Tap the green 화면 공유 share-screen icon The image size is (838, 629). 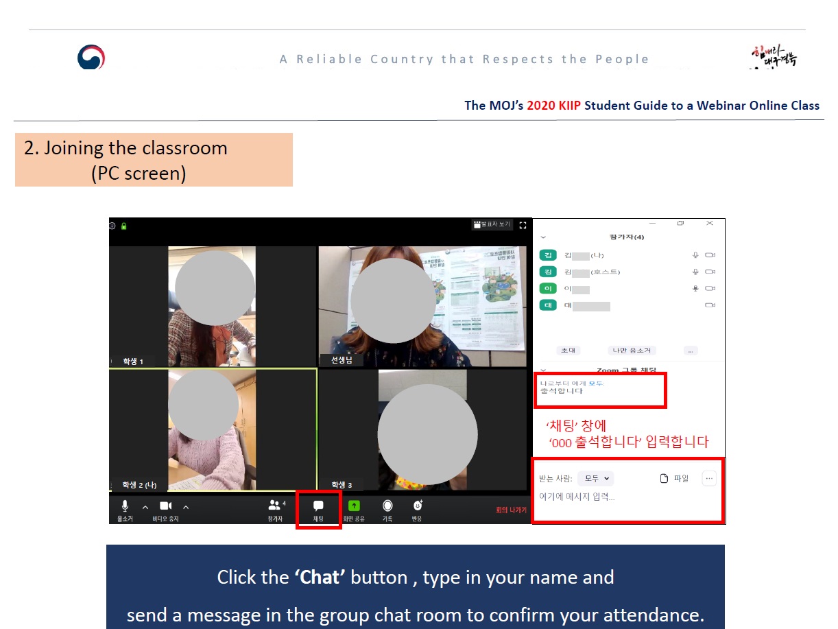pyautogui.click(x=354, y=506)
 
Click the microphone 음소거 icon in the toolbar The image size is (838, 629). pyautogui.click(x=125, y=506)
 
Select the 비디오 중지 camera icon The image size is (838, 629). pyautogui.click(x=165, y=506)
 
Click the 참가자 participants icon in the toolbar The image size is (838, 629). pyautogui.click(x=275, y=506)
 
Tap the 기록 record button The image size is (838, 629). pyautogui.click(x=387, y=506)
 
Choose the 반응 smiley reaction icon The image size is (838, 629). pyautogui.click(x=417, y=506)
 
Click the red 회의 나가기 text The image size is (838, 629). pyautogui.click(x=511, y=510)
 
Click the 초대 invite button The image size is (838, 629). pyautogui.click(x=568, y=350)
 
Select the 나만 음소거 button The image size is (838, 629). pyautogui.click(x=632, y=350)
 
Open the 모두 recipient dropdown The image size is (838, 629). pyautogui.click(x=595, y=479)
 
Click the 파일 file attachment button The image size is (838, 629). pyautogui.click(x=674, y=479)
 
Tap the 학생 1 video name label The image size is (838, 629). pyautogui.click(x=133, y=361)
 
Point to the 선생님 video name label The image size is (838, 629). pyautogui.click(x=342, y=360)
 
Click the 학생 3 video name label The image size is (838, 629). pyautogui.click(x=342, y=485)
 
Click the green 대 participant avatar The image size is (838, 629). pyautogui.click(x=548, y=306)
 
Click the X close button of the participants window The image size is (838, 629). pyautogui.click(x=710, y=224)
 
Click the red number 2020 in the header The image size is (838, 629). pyautogui.click(x=541, y=106)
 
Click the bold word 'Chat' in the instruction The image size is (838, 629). pyautogui.click(x=320, y=578)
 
